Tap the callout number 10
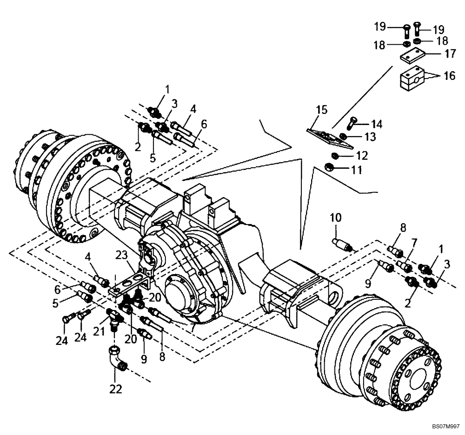(x=336, y=217)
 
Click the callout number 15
(x=321, y=110)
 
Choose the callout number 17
(x=450, y=54)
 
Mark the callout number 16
(x=450, y=76)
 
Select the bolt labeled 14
(x=352, y=123)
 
